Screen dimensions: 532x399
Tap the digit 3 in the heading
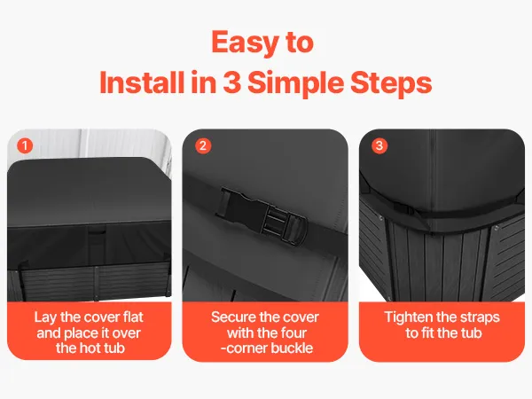pos(231,82)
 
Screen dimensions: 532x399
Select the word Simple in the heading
pos(296,84)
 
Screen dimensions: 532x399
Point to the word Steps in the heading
pos(391,84)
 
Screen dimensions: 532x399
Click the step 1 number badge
pos(25,146)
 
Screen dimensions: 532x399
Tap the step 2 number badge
pos(203,146)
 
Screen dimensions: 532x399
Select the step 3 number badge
pos(379,146)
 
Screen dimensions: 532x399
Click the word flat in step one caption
pos(133,317)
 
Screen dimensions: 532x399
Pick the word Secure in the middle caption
pos(231,317)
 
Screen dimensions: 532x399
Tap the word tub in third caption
pos(471,332)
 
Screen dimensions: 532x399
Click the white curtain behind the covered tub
pos(102,143)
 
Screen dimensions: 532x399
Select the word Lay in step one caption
pos(45,318)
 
